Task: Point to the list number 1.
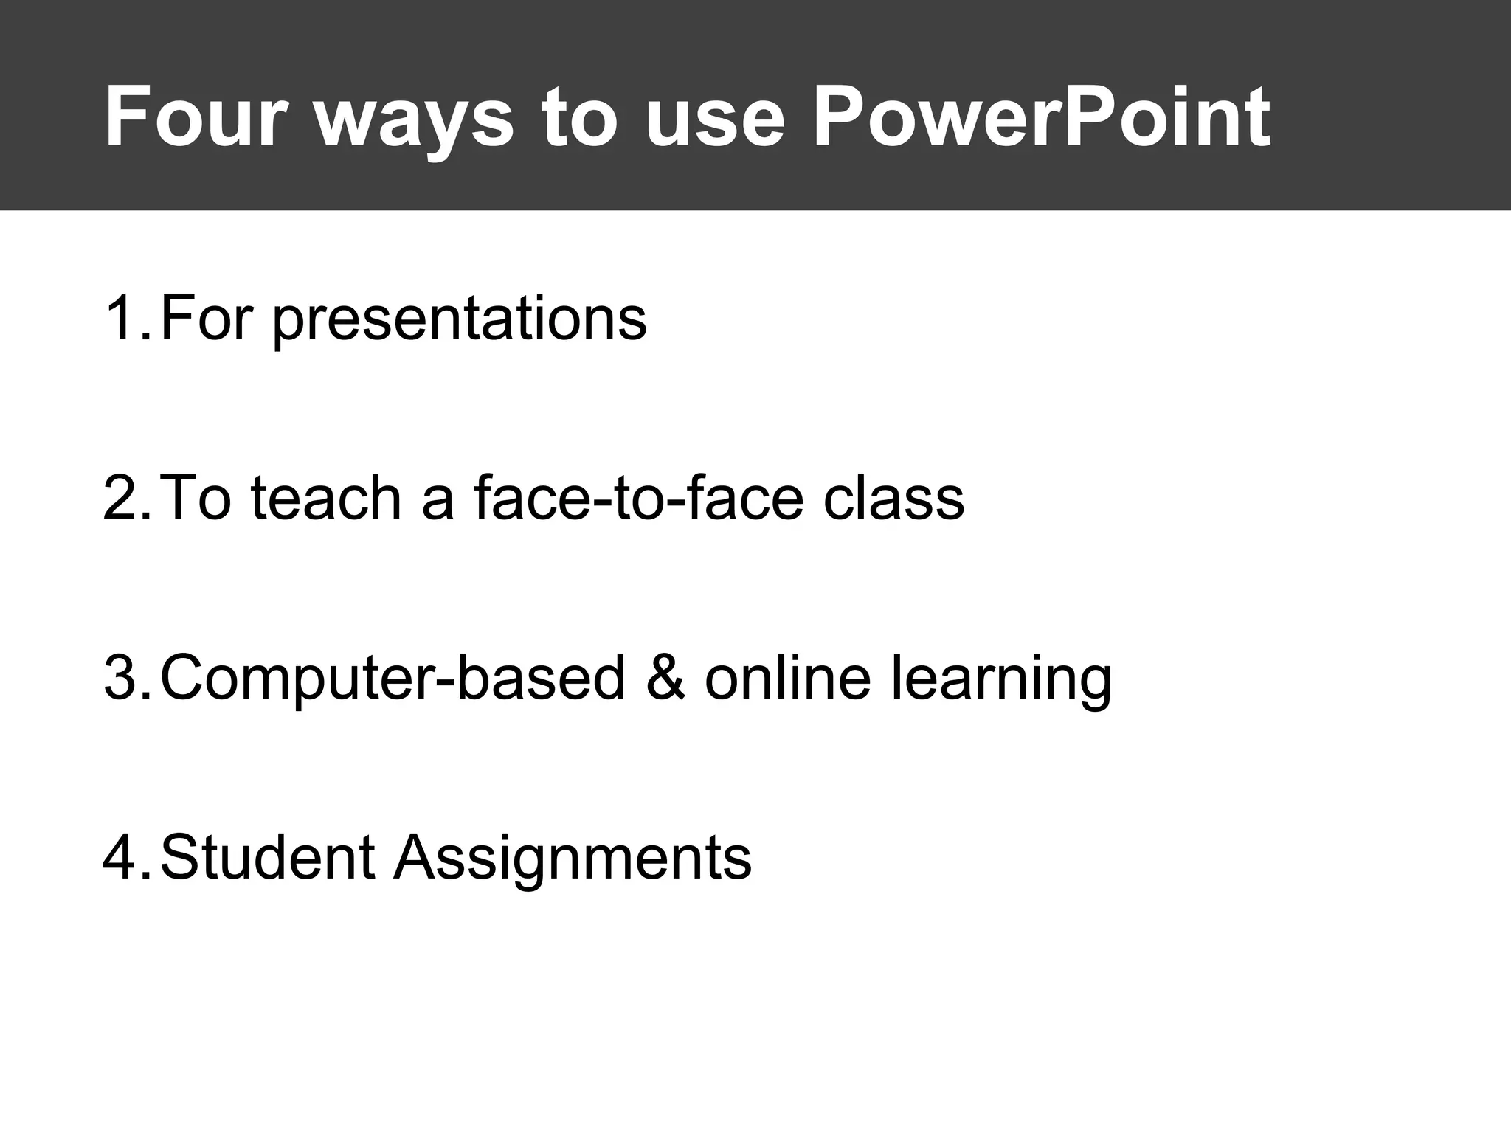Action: tap(125, 319)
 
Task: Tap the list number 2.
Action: tap(125, 499)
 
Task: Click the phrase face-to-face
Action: tap(638, 499)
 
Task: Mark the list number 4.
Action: tap(125, 858)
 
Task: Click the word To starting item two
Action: tap(194, 499)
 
